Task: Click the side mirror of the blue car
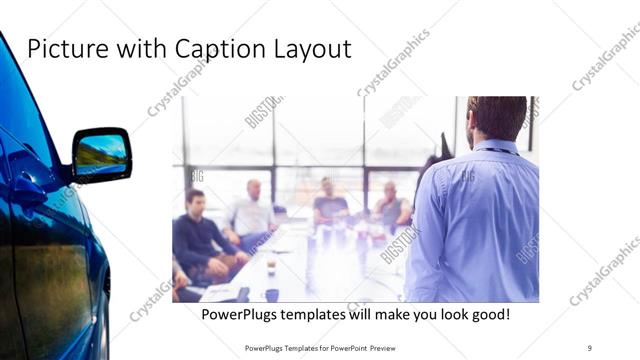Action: pos(100,153)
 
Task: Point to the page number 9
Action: pos(590,347)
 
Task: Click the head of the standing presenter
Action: pos(497,117)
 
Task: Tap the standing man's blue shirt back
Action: pos(478,220)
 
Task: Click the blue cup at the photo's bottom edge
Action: pos(272,295)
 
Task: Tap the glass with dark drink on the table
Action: pos(270,264)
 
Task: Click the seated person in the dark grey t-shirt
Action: pos(329,205)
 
